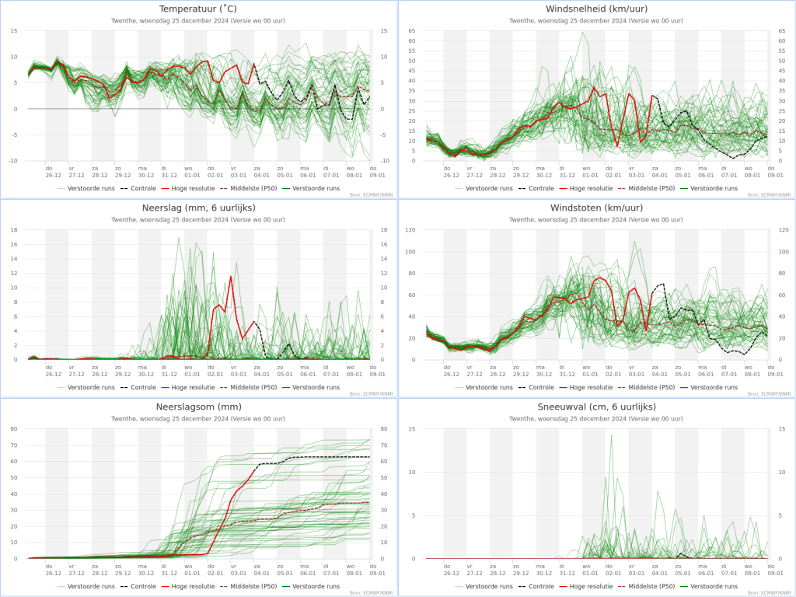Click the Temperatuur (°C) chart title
tap(199, 9)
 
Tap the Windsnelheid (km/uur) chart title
tap(597, 9)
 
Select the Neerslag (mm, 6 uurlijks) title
tap(199, 208)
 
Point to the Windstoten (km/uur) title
tap(597, 208)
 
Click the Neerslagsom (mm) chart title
tap(199, 407)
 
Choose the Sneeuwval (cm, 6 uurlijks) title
tap(597, 407)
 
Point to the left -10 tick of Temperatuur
tap(15, 161)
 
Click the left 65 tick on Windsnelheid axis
tap(412, 31)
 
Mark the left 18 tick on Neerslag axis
tap(14, 230)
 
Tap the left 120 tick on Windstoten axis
tap(412, 230)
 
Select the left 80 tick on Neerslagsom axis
tap(14, 429)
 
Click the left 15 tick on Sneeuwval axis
tap(412, 429)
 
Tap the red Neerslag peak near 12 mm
tap(231, 276)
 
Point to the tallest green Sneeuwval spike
tap(611, 435)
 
